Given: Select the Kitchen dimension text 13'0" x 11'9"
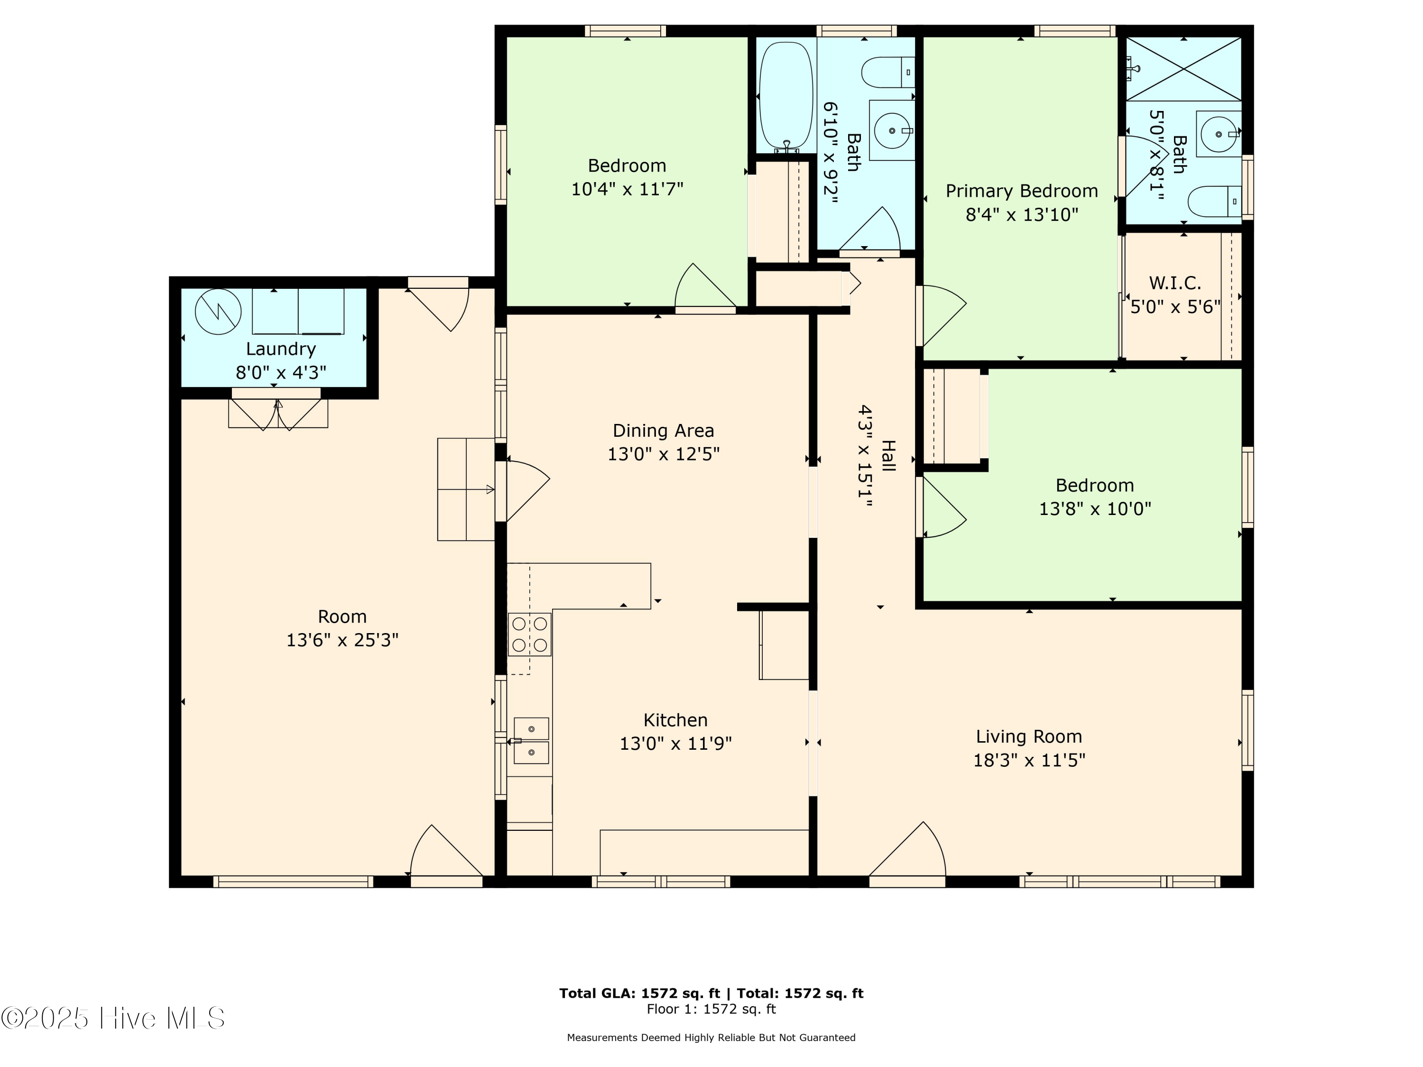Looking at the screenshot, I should point(675,744).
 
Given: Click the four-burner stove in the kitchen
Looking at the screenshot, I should point(529,634).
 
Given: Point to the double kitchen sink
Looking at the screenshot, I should point(531,740).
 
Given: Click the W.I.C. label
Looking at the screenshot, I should point(1174,283).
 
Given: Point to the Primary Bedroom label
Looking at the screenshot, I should point(1022,191).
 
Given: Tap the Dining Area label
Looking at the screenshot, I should point(663,430).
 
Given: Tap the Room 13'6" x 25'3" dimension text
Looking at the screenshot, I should point(342,640).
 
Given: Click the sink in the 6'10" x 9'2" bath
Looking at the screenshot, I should point(892,130).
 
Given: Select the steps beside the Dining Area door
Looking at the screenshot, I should point(466,489).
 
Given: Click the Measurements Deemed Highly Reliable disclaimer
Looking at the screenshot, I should point(711,1038).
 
